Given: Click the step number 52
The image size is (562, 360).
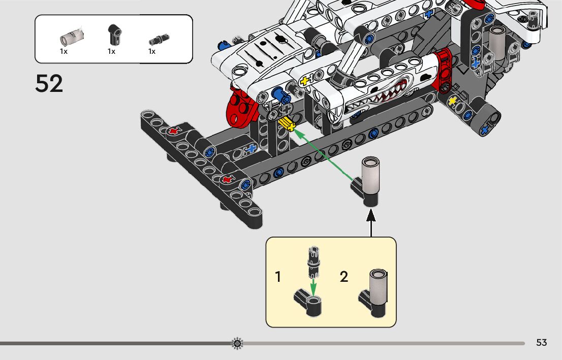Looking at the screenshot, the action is [49, 83].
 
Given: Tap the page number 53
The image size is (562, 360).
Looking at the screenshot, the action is [541, 343].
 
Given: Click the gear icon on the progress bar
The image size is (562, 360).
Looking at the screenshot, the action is [237, 343].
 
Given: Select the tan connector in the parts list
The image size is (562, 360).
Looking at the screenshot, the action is [72, 37].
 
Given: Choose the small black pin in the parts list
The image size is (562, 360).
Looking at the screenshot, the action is [159, 40].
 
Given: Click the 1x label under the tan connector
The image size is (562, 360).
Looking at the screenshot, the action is [64, 52].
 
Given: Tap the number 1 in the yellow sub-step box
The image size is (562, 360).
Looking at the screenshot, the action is [278, 277].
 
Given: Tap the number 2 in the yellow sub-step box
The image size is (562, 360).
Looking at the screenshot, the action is [344, 277].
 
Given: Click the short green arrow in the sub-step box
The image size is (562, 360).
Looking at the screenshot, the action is [314, 286].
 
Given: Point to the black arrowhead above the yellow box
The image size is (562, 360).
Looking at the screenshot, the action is [371, 215].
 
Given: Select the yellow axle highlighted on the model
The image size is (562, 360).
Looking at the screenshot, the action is [287, 124].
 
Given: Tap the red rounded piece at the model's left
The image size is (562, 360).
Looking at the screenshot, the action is [241, 107].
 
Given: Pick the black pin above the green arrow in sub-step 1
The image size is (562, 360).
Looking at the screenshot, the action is [313, 263].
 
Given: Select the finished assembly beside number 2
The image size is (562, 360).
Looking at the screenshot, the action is [373, 293].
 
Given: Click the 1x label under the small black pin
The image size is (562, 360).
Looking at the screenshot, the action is [152, 52].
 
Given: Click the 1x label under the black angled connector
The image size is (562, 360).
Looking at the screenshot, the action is [111, 52].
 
